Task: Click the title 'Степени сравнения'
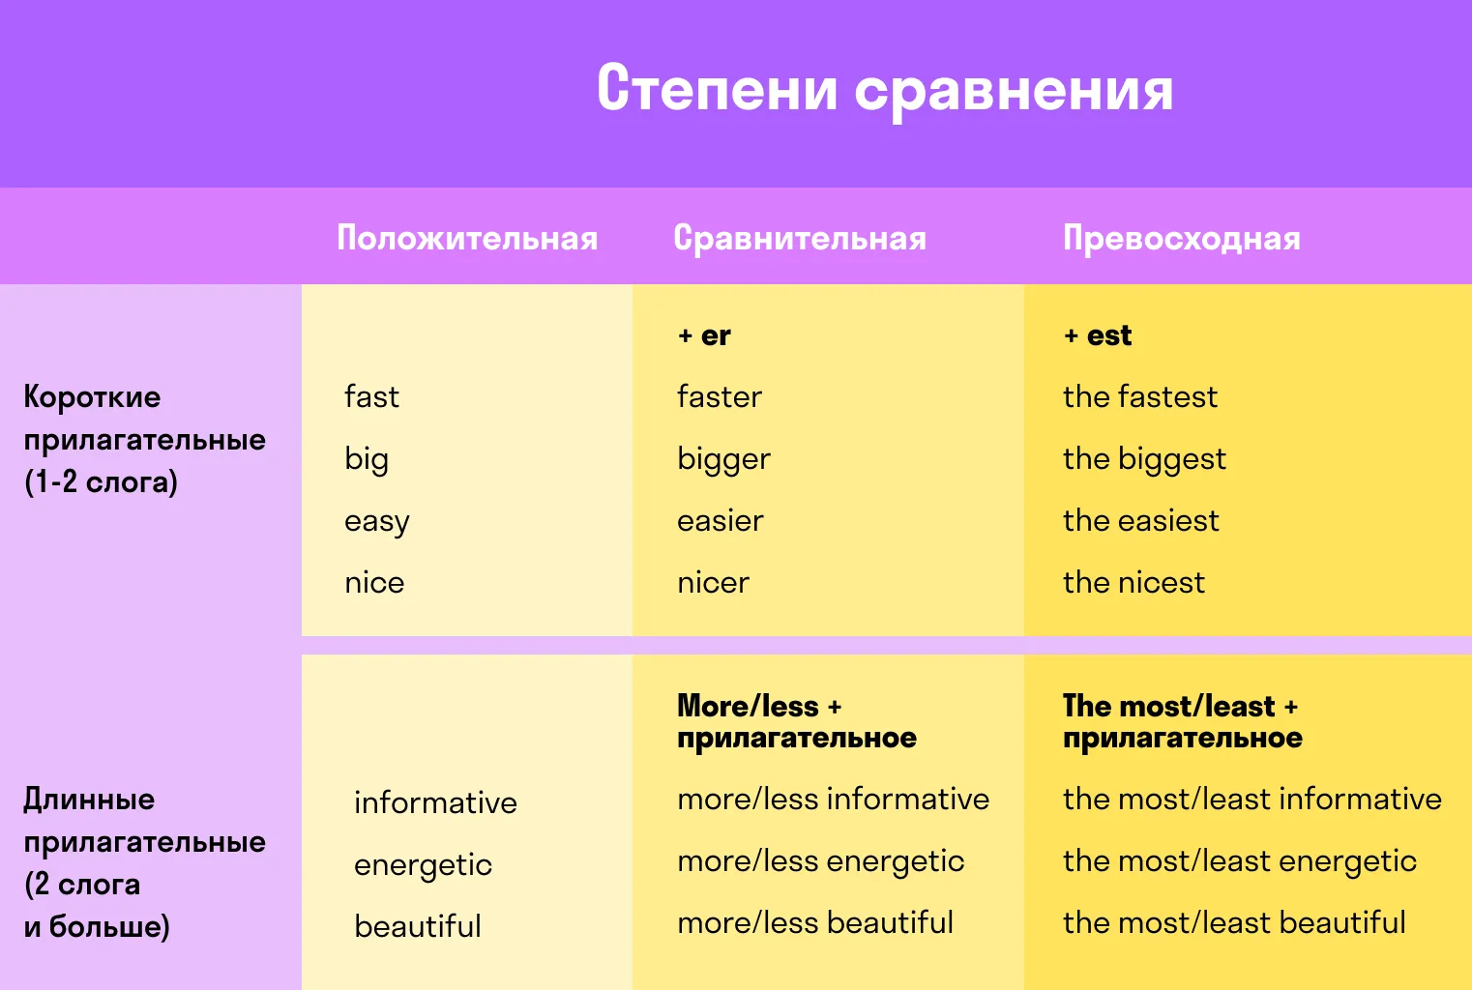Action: point(885,90)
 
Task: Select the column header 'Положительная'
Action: point(467,238)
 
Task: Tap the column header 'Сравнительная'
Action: point(800,239)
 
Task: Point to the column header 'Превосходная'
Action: point(1182,239)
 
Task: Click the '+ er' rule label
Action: point(704,335)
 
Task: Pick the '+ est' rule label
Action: point(1098,335)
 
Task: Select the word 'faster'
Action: point(720,396)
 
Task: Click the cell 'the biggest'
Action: point(1145,459)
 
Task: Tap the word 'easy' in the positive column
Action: point(376,522)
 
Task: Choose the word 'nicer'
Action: point(713,583)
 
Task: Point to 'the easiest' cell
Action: point(1141,521)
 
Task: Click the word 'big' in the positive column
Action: point(366,459)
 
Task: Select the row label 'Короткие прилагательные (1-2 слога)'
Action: point(144,440)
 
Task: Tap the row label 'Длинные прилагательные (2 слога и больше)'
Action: point(144,862)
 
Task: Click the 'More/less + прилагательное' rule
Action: point(797,722)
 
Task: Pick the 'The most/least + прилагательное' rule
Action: point(1183,722)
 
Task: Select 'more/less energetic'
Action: point(821,861)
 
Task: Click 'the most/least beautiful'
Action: point(1234,923)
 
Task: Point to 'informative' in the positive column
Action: point(435,802)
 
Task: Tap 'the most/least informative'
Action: point(1252,800)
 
